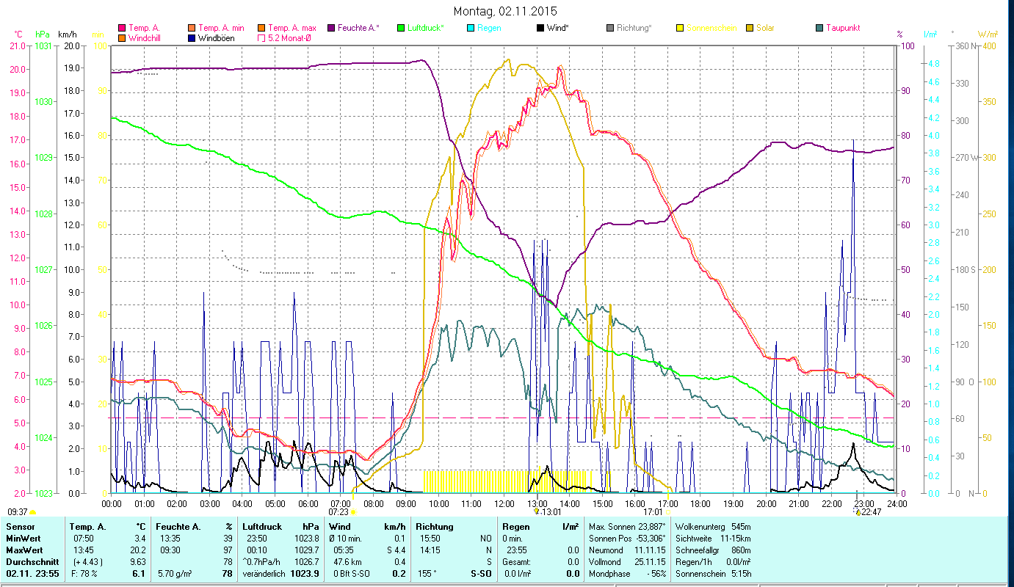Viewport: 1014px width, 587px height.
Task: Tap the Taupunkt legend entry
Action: pyautogui.click(x=842, y=28)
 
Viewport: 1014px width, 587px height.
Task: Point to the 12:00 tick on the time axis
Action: pyautogui.click(x=504, y=504)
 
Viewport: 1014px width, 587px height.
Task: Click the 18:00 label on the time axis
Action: pyautogui.click(x=700, y=504)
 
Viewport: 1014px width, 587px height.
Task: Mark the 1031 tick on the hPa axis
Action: pyautogui.click(x=43, y=46)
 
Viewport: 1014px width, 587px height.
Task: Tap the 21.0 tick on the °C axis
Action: pyautogui.click(x=17, y=46)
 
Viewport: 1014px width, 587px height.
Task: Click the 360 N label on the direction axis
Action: pyautogui.click(x=968, y=46)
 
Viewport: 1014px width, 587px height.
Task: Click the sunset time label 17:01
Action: pyautogui.click(x=653, y=511)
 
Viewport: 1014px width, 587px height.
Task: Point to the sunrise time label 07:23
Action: pyautogui.click(x=338, y=511)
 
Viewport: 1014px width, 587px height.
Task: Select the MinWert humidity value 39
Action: pyautogui.click(x=228, y=538)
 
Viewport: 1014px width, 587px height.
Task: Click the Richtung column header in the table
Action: pyautogui.click(x=435, y=527)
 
